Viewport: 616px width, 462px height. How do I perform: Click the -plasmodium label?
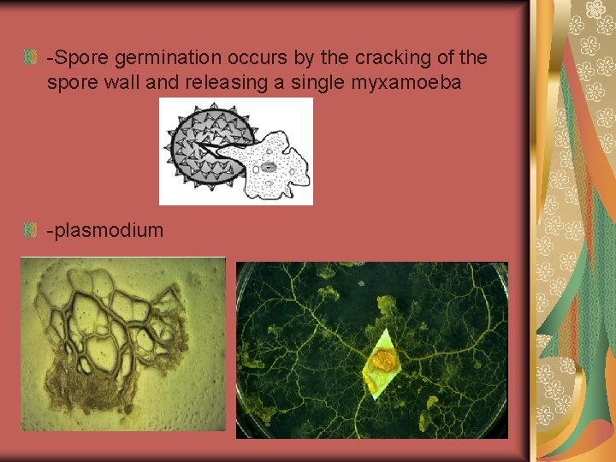click(105, 230)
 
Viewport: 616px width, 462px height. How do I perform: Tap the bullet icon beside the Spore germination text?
click(30, 59)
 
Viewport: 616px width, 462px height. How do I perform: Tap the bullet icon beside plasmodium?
click(30, 230)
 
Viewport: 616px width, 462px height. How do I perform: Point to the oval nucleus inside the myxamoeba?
click(268, 168)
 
